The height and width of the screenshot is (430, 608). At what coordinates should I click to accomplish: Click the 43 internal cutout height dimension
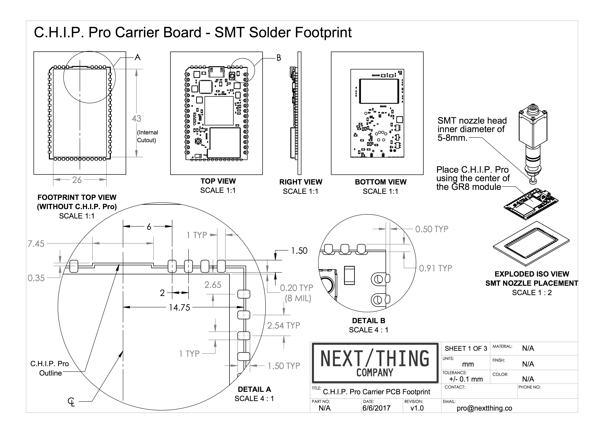[x=136, y=118]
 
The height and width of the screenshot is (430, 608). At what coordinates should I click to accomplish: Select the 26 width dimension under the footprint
[x=77, y=180]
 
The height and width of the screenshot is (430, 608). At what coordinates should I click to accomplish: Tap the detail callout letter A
[x=137, y=57]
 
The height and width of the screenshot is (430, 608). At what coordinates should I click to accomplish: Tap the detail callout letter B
[x=279, y=58]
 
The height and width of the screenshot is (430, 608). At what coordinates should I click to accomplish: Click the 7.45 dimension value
[x=36, y=244]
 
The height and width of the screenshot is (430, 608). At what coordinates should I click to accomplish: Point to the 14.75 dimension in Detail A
[x=180, y=307]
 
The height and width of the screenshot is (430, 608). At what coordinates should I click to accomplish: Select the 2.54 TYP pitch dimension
[x=283, y=325]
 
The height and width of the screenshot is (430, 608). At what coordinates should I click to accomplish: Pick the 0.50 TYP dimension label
[x=432, y=229]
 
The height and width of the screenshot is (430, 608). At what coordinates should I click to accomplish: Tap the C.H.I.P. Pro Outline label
[x=50, y=368]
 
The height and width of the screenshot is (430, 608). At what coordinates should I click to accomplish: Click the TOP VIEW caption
[x=218, y=181]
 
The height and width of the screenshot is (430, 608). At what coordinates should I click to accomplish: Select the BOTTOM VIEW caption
[x=381, y=182]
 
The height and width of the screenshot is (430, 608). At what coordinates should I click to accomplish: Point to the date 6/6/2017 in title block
[x=376, y=408]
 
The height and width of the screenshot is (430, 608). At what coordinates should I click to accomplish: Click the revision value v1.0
[x=417, y=408]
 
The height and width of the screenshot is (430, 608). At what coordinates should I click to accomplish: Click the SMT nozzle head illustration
[x=533, y=143]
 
